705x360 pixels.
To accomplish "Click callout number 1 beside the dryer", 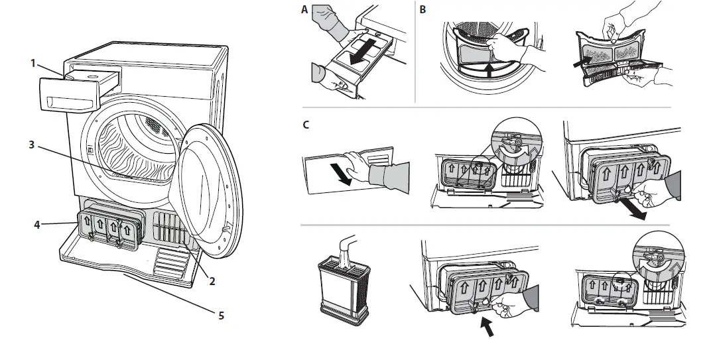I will click(x=32, y=63).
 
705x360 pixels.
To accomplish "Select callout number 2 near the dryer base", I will click(x=212, y=280).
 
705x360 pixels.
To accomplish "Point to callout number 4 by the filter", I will click(x=37, y=224).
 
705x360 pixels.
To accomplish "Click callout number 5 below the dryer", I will click(x=222, y=316).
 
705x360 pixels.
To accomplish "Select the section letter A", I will click(x=304, y=9).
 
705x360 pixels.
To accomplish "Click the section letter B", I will click(x=423, y=9).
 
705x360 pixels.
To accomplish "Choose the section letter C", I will click(x=304, y=125).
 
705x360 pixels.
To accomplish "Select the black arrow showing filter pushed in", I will click(x=488, y=326).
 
